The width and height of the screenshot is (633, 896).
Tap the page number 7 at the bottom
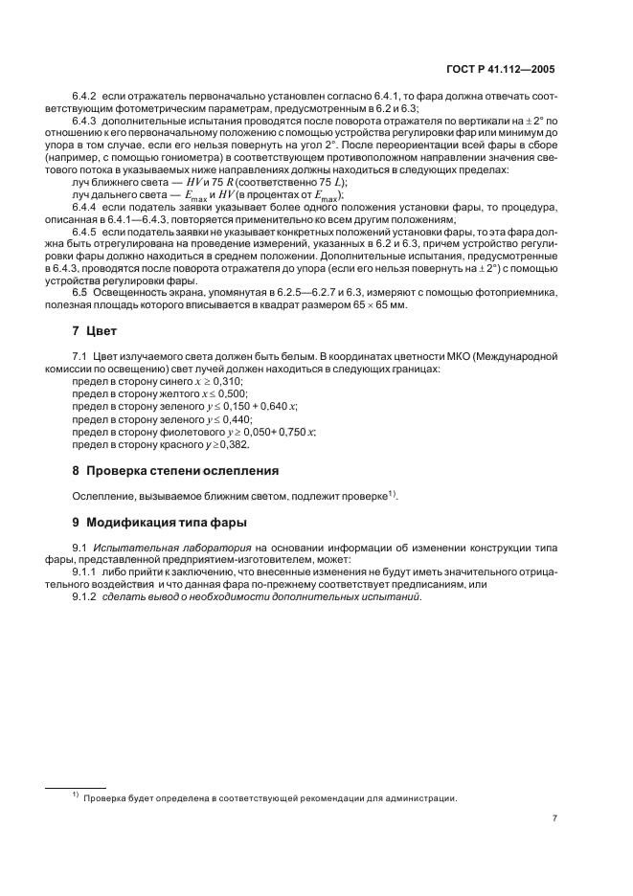[x=554, y=818]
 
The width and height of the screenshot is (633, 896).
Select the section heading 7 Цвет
[x=94, y=331]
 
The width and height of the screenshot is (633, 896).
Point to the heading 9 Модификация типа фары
[x=159, y=524]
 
